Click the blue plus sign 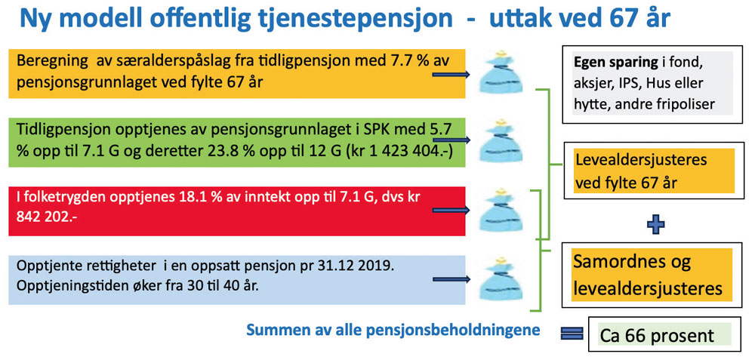pyautogui.click(x=655, y=224)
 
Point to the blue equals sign pyautogui.click(x=572, y=333)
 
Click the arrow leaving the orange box pyautogui.click(x=451, y=75)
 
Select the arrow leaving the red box pyautogui.click(x=451, y=210)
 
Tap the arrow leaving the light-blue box pyautogui.click(x=451, y=279)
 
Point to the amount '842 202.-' pyautogui.click(x=47, y=217)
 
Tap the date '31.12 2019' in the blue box pyautogui.click(x=350, y=266)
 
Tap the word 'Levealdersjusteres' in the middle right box pyautogui.click(x=641, y=159)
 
